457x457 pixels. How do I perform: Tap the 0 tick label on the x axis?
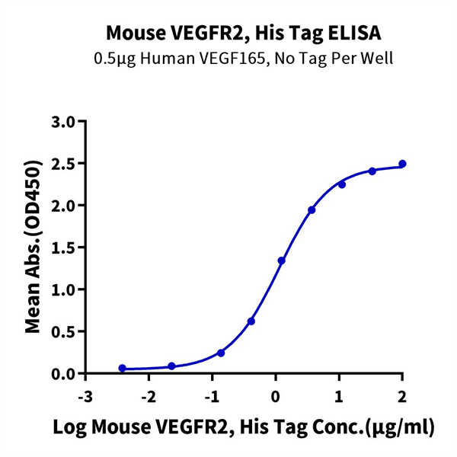(x=276, y=397)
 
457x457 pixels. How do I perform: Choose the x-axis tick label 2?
(x=402, y=397)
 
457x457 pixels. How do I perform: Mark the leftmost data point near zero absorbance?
(x=123, y=368)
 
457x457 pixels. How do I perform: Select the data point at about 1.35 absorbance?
(x=281, y=260)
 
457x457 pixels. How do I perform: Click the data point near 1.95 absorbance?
(x=312, y=209)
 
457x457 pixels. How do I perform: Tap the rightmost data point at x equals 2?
(x=402, y=164)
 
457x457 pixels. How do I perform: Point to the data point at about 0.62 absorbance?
(x=251, y=321)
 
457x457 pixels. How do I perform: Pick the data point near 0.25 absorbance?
(x=221, y=353)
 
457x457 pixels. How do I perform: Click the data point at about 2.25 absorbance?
(x=342, y=184)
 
